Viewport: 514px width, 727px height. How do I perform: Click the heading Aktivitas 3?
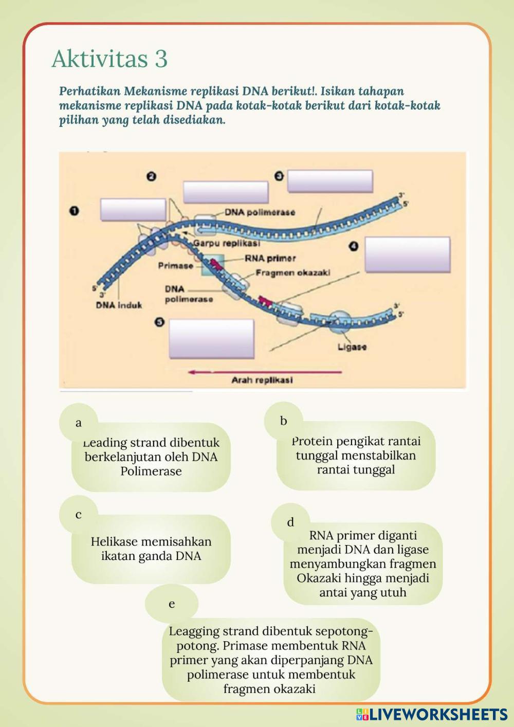tap(109, 59)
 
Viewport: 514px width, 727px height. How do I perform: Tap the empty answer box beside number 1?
tap(133, 210)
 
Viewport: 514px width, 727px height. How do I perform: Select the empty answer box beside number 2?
tap(226, 192)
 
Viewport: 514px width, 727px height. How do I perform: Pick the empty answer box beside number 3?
tap(330, 181)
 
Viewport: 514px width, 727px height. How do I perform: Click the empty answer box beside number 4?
tap(408, 255)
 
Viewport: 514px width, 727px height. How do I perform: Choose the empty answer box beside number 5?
tap(212, 338)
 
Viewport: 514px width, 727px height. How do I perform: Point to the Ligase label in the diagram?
tap(352, 347)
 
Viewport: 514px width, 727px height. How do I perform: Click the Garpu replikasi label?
tap(227, 243)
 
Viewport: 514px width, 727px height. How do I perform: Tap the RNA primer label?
tap(270, 258)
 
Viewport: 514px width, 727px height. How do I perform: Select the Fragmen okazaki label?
tap(293, 272)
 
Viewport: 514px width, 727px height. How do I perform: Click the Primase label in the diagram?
tap(175, 266)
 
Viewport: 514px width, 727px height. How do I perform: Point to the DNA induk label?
tap(119, 305)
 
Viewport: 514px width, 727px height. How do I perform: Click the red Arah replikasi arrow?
tap(264, 372)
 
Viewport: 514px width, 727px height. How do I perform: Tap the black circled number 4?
tap(354, 246)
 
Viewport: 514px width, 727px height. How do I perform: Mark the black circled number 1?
tap(75, 211)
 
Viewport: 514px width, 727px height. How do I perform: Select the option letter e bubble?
tap(172, 604)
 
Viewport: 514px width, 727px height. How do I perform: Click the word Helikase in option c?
tap(114, 541)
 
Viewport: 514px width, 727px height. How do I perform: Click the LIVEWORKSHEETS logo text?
tap(438, 714)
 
